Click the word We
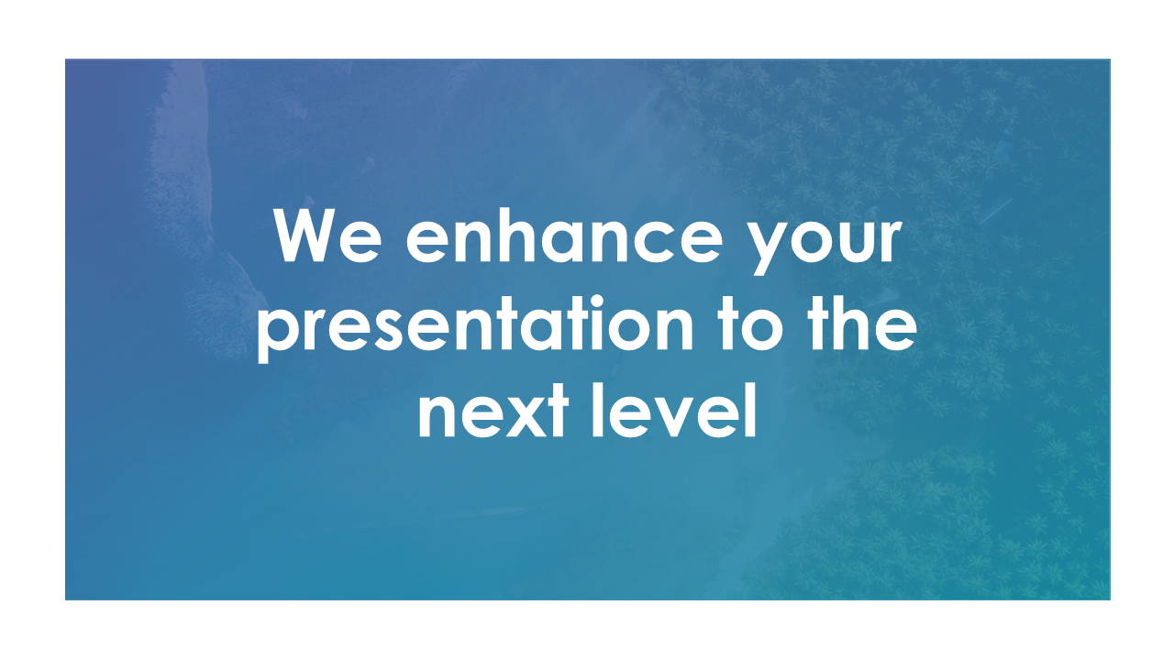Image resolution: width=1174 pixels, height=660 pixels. [x=327, y=236]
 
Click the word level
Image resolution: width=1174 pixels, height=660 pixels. [x=674, y=410]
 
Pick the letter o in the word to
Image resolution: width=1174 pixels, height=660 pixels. [x=763, y=329]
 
